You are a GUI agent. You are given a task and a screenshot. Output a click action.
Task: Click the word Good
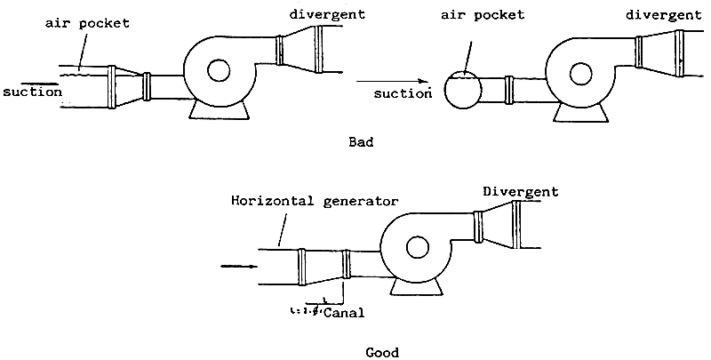tap(384, 352)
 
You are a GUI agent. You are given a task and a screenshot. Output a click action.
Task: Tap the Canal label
tap(344, 313)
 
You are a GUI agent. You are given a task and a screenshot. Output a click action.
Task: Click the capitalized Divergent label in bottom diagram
tap(521, 191)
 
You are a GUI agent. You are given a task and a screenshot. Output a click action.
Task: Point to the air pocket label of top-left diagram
tap(88, 24)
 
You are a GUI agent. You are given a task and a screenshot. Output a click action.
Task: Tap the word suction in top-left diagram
tap(31, 91)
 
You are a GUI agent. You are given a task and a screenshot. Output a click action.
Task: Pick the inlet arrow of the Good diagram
tap(238, 265)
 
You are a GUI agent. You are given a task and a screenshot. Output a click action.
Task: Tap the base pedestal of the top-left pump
tap(219, 109)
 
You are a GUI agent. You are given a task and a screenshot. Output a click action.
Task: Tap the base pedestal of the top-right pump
tap(581, 112)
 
